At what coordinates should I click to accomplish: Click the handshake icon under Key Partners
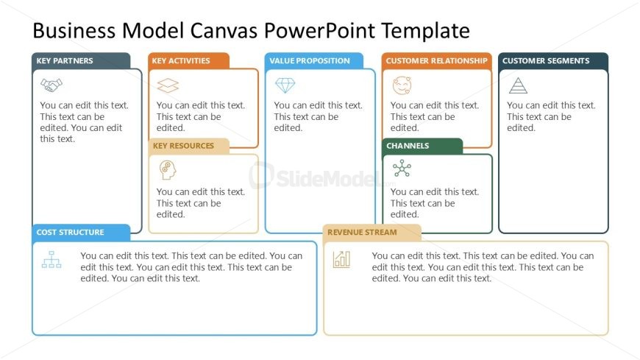(x=51, y=85)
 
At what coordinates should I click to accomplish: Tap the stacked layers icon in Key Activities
(x=168, y=86)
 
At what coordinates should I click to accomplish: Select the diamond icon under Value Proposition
(x=285, y=85)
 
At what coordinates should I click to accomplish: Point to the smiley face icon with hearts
(x=402, y=85)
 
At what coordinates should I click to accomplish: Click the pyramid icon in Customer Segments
(x=519, y=85)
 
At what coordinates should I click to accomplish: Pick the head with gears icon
(x=167, y=170)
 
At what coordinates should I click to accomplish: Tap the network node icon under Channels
(x=402, y=169)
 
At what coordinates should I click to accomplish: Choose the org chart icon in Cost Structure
(x=51, y=259)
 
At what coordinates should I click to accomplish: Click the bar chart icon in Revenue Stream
(x=341, y=259)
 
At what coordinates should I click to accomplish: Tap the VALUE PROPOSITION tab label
(x=310, y=61)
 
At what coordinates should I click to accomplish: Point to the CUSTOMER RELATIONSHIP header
(x=437, y=61)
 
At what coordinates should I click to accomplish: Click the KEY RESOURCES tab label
(x=183, y=146)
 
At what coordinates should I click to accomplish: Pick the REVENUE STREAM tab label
(x=362, y=232)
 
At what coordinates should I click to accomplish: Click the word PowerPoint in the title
(x=319, y=30)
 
